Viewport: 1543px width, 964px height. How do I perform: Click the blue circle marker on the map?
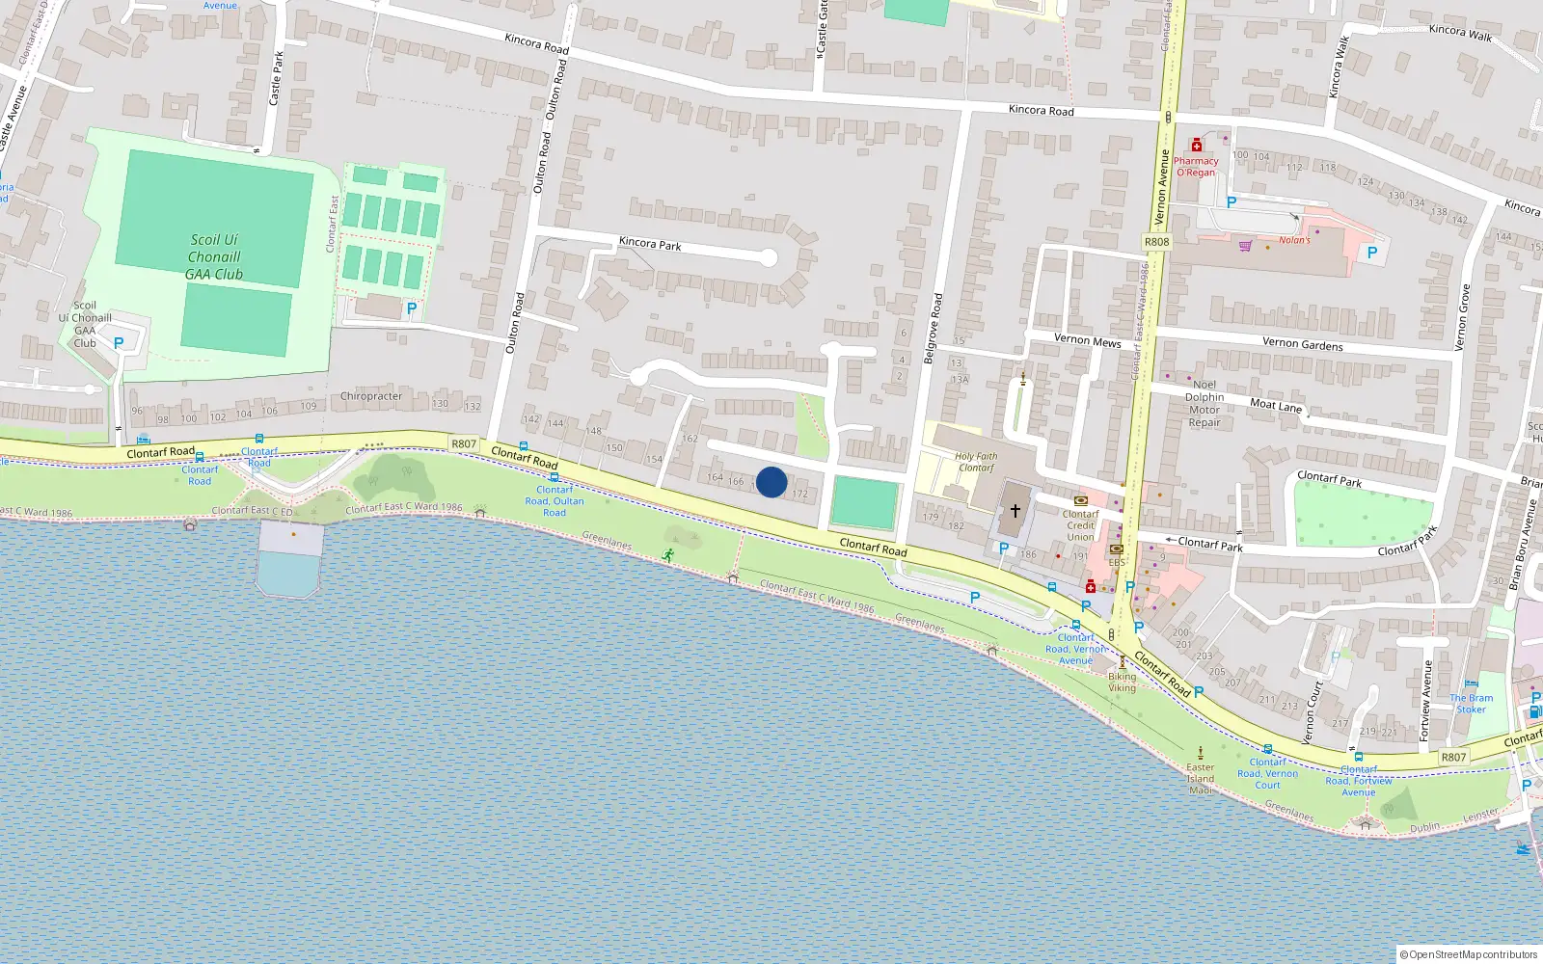click(x=771, y=482)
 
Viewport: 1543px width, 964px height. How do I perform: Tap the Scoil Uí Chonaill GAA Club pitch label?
click(x=214, y=257)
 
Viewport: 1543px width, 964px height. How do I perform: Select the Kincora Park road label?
click(x=650, y=244)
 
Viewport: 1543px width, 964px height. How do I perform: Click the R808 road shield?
click(x=1156, y=242)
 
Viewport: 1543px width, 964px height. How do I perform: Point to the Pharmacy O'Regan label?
click(x=1196, y=167)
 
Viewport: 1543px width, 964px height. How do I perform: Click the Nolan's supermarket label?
click(x=1294, y=240)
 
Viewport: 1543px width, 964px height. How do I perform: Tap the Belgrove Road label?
click(x=932, y=329)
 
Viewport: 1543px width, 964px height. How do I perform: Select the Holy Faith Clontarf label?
click(x=976, y=462)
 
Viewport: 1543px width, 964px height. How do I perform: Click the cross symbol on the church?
click(x=1015, y=510)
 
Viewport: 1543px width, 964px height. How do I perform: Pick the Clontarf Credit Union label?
click(x=1080, y=525)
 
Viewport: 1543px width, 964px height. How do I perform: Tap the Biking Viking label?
click(x=1122, y=682)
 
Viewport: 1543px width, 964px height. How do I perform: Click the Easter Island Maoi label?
click(x=1201, y=779)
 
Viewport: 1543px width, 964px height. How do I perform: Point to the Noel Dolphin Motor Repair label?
click(x=1205, y=403)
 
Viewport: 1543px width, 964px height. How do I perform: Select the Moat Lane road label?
click(x=1276, y=406)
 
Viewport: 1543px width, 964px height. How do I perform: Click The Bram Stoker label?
click(x=1471, y=704)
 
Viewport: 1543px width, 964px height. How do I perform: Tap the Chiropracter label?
click(x=371, y=396)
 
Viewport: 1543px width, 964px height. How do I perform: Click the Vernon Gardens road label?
click(x=1302, y=344)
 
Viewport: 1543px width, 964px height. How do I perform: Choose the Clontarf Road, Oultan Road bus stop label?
click(x=555, y=501)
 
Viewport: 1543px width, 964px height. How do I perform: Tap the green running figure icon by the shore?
click(x=668, y=554)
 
